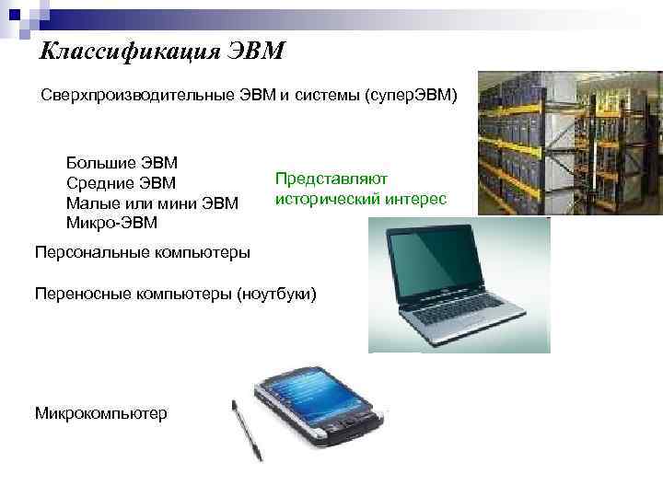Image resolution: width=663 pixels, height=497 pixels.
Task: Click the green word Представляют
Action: [x=331, y=179]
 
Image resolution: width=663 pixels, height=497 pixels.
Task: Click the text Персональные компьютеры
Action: [x=142, y=251]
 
